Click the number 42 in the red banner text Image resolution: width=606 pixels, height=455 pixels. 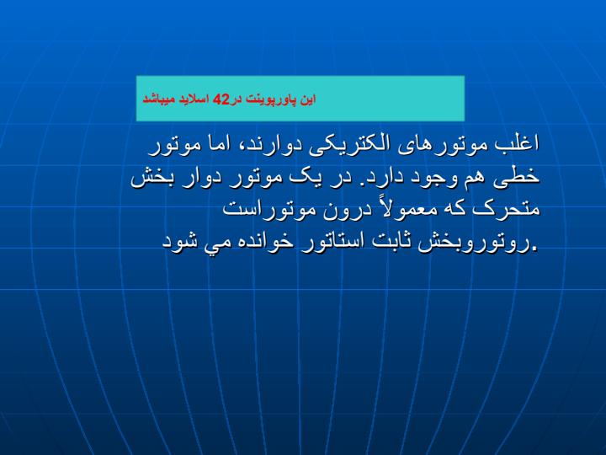[x=221, y=99]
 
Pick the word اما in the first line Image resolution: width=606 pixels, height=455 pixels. [x=216, y=144]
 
